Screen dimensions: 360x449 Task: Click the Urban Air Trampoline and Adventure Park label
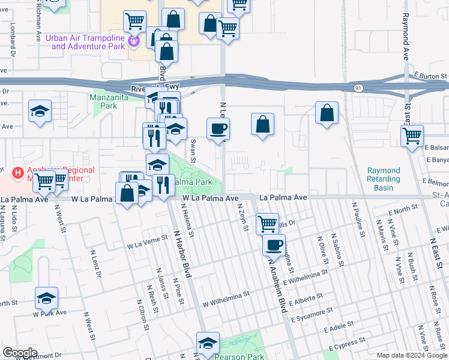coord(88,42)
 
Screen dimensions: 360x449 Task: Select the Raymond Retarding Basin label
coord(384,179)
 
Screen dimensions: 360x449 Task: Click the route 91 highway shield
coord(358,87)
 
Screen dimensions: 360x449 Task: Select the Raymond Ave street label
coord(405,36)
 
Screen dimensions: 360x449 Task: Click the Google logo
coord(20,353)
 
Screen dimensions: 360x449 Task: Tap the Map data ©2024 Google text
coord(411,355)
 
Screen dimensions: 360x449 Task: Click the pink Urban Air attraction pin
coord(134,41)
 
